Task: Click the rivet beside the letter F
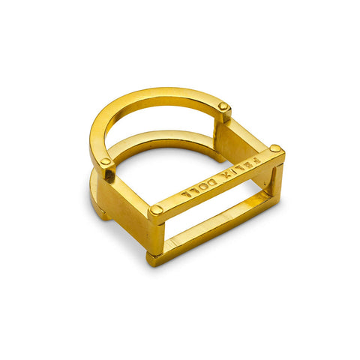tap(275, 149)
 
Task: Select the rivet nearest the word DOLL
tap(156, 211)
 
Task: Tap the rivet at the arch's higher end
tap(223, 107)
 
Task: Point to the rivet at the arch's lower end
tap(106, 162)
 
